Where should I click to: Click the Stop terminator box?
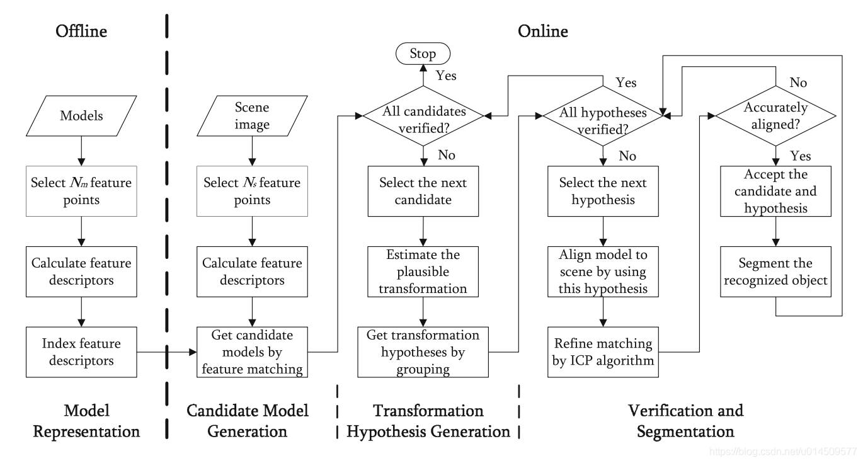pos(423,54)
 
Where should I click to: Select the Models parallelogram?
pos(81,115)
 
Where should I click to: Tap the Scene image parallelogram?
pos(252,115)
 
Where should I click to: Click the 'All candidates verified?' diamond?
pos(423,115)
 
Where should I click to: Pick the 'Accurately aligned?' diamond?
pos(775,115)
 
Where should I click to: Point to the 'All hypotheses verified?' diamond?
pos(603,115)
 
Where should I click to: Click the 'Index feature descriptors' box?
pos(81,352)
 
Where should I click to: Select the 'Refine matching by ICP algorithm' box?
pos(603,352)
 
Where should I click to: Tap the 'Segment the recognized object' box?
pos(775,272)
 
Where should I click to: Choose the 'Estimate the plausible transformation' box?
pos(423,272)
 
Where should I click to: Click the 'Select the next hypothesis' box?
pos(603,191)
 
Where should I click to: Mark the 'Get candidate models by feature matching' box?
pos(252,352)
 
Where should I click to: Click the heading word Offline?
pos(81,31)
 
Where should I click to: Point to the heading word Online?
pos(543,31)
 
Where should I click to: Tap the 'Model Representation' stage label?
pos(86,421)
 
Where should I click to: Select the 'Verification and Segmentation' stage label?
pos(686,421)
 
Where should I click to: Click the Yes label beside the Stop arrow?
pos(446,76)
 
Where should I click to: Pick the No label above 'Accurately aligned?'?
pos(798,83)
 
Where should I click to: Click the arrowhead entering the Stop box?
pos(423,68)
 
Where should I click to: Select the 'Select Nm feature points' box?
pos(81,191)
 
